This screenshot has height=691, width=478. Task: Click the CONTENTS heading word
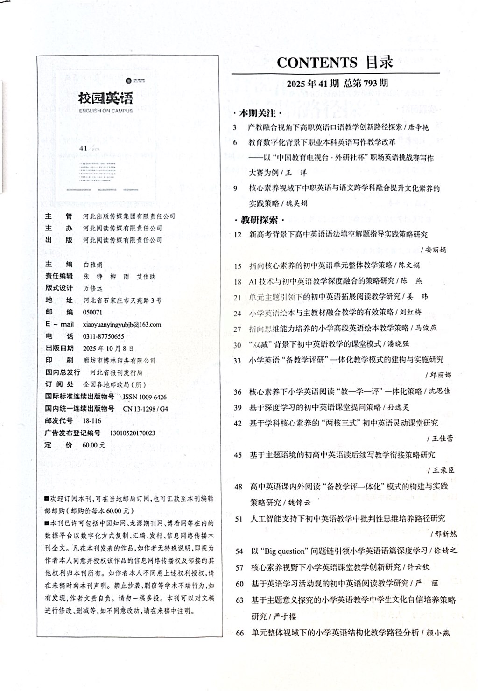coord(317,63)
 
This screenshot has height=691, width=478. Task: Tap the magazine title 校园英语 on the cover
coord(105,98)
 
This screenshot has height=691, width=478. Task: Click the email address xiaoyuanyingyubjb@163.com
coord(122,324)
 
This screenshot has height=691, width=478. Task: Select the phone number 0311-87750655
coord(103,336)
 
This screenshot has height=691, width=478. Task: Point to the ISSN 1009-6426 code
coord(144,397)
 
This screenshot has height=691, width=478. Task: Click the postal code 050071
coord(92,312)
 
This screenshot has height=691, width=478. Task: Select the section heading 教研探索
coord(260,220)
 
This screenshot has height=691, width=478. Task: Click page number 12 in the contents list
coord(238,234)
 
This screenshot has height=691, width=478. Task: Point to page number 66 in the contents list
coord(240,633)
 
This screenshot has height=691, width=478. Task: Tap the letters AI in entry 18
coord(253,281)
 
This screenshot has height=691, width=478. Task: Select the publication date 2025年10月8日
coord(108,348)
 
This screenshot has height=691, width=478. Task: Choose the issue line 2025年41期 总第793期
coord(337,84)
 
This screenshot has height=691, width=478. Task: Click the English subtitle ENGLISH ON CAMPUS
coord(105,111)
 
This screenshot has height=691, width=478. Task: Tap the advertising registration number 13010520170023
coord(132,433)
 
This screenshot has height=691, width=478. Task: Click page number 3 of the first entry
coord(235,127)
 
